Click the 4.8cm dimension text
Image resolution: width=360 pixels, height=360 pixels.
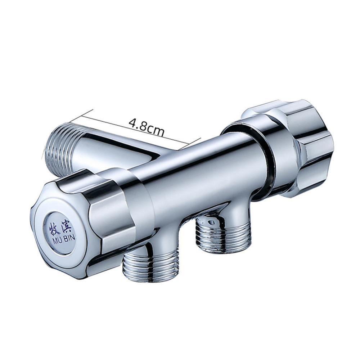146,127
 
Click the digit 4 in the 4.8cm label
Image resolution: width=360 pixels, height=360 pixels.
132,123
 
